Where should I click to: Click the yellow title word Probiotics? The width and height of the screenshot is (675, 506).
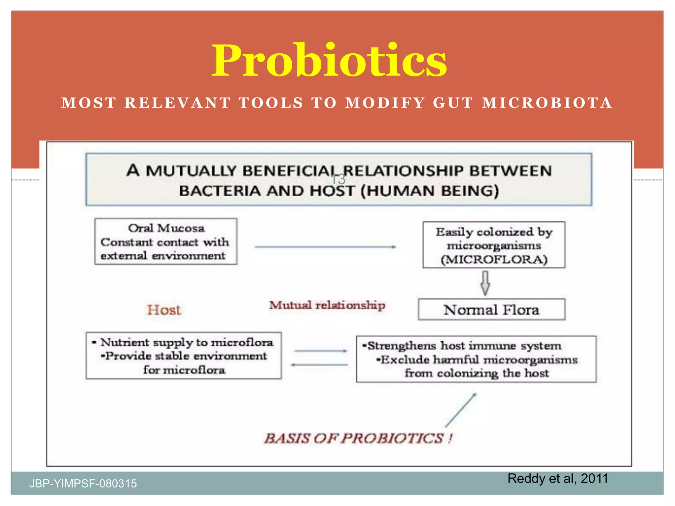point(329,61)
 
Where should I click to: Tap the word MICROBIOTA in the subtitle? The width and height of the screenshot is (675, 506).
point(547,103)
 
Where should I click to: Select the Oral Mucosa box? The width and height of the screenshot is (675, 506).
point(165,241)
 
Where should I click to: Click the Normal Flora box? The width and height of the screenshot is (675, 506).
point(491,310)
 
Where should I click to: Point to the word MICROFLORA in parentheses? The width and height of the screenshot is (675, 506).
point(494,260)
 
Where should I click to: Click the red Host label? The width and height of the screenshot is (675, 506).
point(164,310)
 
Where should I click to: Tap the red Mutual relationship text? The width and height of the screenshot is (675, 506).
point(327,305)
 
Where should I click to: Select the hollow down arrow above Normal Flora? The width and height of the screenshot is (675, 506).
point(485,283)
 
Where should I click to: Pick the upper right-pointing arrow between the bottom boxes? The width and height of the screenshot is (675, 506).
point(320,351)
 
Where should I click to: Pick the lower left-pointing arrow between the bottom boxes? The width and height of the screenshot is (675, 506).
point(319,365)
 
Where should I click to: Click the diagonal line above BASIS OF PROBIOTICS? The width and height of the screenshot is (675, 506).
point(461,410)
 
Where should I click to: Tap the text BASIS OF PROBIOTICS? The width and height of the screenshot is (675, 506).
point(358,438)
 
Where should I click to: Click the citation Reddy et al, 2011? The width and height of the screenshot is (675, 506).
point(557,478)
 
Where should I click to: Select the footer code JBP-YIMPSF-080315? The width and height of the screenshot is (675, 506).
point(83,484)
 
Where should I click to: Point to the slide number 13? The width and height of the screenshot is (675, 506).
point(338,180)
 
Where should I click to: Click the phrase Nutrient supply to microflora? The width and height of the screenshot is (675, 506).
point(187,342)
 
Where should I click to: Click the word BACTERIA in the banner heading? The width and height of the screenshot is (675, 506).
point(220,191)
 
